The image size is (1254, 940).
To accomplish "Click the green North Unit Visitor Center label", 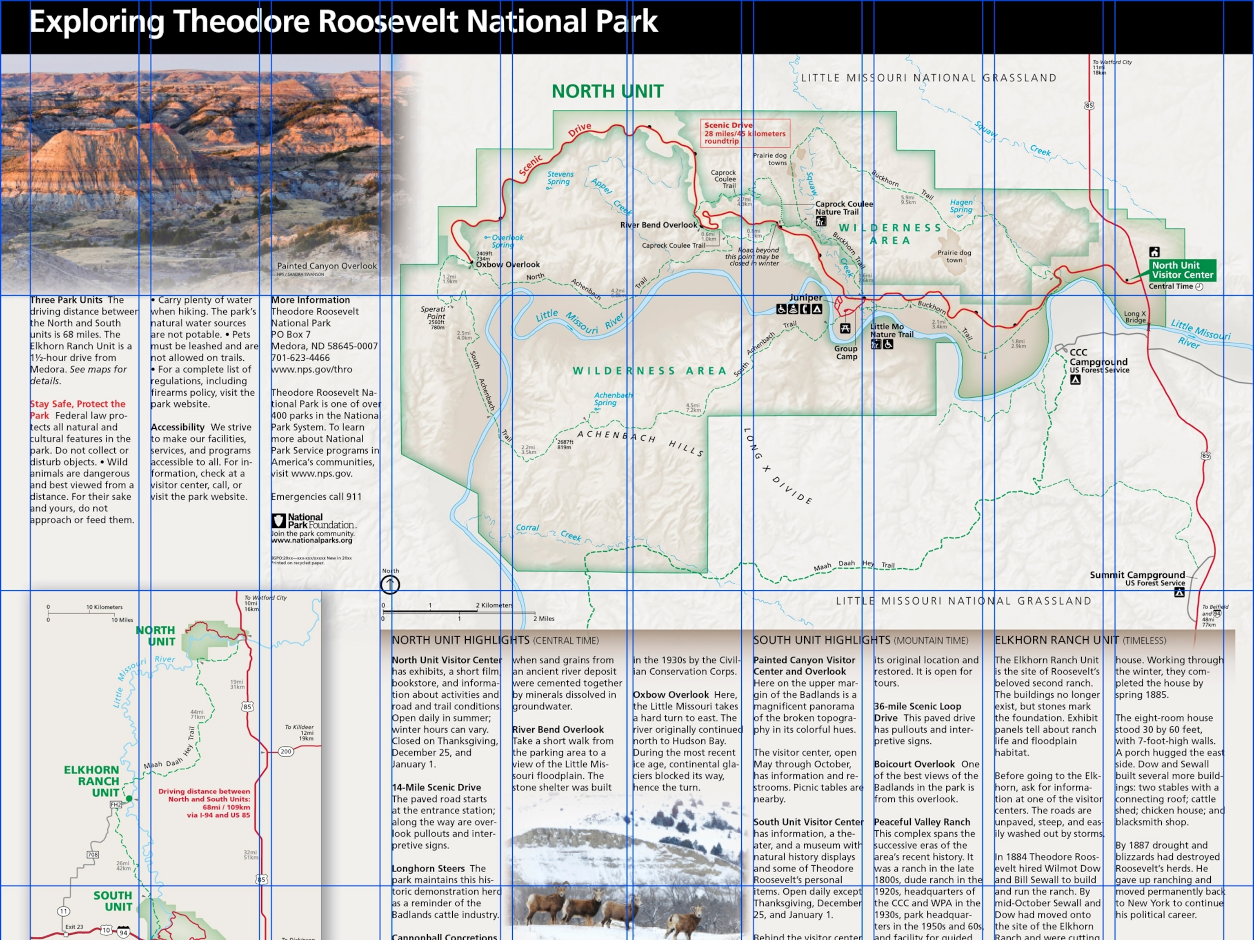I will tap(1182, 270).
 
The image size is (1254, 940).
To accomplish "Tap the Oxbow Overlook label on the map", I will tap(507, 265).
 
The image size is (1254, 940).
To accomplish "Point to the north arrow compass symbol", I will tap(390, 584).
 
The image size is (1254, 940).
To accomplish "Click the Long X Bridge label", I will tap(1135, 317).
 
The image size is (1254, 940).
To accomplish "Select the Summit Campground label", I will tap(1137, 575).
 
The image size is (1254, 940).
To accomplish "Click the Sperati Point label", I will tap(433, 313).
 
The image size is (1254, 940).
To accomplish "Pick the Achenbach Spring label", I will tap(612, 399).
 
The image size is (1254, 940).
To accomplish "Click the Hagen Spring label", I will tap(961, 206).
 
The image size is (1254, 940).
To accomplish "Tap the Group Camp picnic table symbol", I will tap(845, 328).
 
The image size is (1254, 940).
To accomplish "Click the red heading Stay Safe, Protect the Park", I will tap(78, 409).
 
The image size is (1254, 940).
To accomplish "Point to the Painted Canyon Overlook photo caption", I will tap(327, 266).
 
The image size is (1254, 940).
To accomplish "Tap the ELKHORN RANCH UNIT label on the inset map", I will tap(92, 781).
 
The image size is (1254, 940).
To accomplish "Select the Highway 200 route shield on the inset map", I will tap(286, 752).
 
